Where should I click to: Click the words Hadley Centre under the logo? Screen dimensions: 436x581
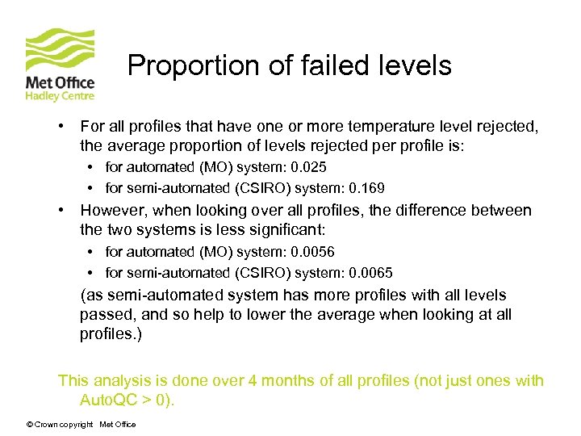click(61, 96)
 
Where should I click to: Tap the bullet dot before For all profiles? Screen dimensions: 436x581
click(61, 127)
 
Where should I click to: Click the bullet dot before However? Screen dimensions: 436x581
click(61, 211)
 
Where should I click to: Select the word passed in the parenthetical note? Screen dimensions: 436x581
click(106, 315)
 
